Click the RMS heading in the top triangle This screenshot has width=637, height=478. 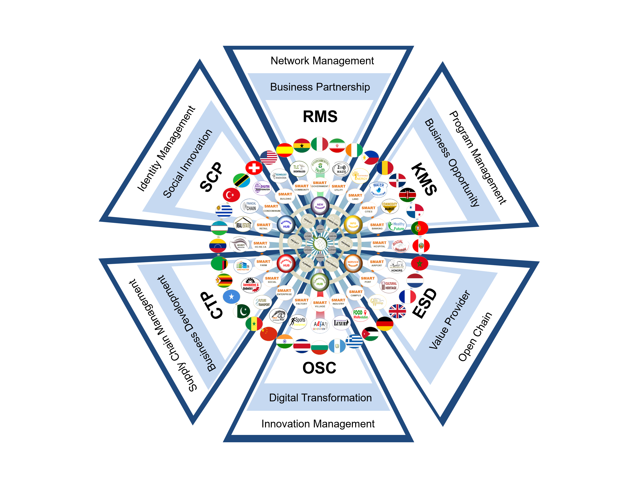320,117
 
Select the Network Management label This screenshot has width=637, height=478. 322,61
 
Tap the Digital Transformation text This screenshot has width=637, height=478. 320,398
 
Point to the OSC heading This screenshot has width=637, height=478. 319,368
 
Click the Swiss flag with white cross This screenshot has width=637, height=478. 254,168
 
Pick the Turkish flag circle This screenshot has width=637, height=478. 231,195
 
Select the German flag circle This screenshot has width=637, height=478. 385,324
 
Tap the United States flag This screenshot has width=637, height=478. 268,158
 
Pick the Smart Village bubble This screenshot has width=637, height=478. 320,304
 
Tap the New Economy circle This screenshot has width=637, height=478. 320,206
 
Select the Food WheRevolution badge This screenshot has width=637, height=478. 360,314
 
